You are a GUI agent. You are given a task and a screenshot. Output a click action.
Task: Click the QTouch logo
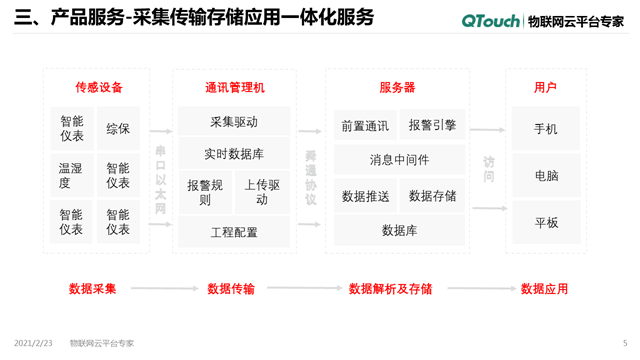[x=492, y=20]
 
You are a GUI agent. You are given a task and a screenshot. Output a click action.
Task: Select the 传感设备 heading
[x=98, y=88]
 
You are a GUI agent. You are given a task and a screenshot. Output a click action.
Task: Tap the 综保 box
[x=118, y=129]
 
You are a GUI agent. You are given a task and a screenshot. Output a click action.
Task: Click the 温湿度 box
[x=71, y=175]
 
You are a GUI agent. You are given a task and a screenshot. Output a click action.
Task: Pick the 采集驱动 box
[x=234, y=122]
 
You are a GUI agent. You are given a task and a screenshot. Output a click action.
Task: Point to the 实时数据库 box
[x=234, y=154]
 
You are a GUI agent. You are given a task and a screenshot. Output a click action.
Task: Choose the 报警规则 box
[x=204, y=192]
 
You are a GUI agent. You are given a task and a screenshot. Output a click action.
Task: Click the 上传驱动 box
[x=262, y=192]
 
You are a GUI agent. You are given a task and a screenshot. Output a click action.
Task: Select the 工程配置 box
[x=234, y=232]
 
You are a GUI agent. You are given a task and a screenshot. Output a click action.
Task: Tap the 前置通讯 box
[x=365, y=126]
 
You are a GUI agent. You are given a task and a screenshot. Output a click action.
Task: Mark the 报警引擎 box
[x=432, y=125]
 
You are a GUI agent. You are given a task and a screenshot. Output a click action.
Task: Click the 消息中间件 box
[x=399, y=160]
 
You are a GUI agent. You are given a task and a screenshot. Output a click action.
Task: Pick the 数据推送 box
[x=365, y=196]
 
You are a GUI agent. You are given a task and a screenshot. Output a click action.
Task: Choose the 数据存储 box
[x=432, y=196]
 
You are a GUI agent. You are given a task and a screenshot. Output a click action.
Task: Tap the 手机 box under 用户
[x=546, y=129]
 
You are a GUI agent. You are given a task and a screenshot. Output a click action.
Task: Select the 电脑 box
[x=546, y=176]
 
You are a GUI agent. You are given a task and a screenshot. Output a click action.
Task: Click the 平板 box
[x=546, y=222]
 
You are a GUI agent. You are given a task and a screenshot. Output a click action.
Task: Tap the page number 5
[x=625, y=343]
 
